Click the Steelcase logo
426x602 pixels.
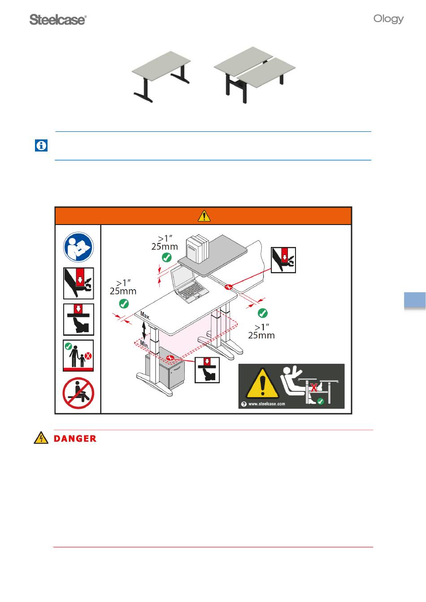(58, 20)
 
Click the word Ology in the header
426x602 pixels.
(388, 19)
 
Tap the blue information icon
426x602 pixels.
(41, 145)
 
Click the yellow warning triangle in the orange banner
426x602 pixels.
(204, 216)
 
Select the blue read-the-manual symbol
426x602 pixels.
(78, 247)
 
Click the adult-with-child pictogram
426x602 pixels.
(78, 355)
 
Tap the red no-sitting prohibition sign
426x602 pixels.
(78, 393)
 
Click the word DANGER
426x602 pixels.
(75, 438)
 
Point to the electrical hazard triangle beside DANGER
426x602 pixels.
(41, 438)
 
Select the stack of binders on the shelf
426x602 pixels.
(198, 249)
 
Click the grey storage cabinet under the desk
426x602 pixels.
(165, 368)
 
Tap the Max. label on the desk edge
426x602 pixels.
(145, 316)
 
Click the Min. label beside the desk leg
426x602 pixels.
(144, 344)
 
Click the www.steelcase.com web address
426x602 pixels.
(267, 404)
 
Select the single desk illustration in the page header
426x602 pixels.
(161, 77)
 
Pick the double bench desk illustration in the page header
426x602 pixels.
(255, 75)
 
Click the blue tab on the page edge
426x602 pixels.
(415, 300)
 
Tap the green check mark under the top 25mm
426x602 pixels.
(167, 257)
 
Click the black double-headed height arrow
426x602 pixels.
(144, 330)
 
